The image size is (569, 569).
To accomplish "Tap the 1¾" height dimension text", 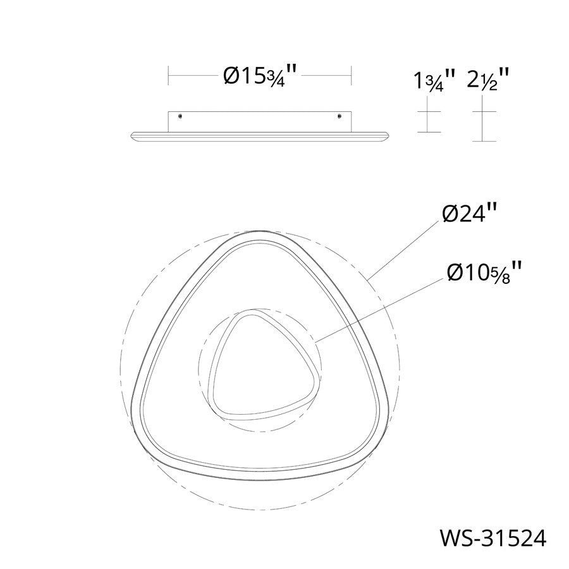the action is pos(434,81).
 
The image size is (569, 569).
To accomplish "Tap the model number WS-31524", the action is pos(493,538).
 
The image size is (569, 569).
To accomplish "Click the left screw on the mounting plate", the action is pos(180,116).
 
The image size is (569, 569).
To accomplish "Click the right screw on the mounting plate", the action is pos(339,116).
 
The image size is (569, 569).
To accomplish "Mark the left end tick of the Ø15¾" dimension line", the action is pos(168,76).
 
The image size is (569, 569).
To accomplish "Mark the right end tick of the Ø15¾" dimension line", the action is pos(352,76).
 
